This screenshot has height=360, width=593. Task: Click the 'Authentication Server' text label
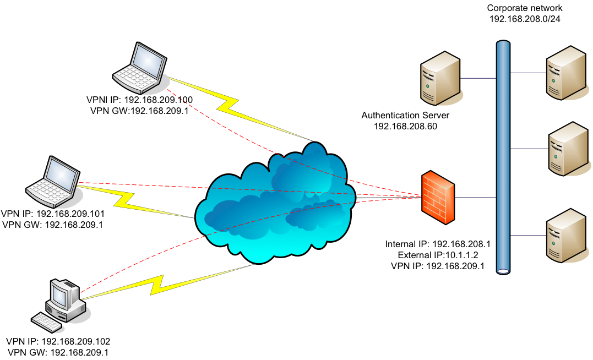pos(405,116)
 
